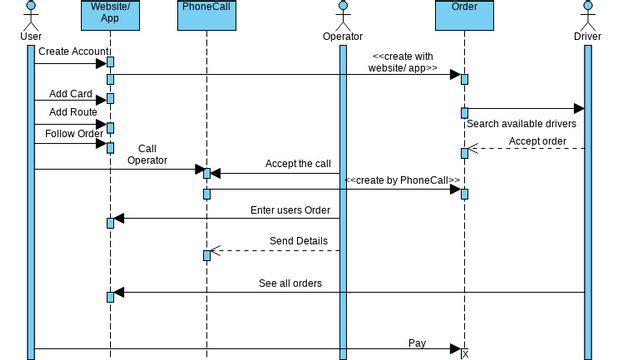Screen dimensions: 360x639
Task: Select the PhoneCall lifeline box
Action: pos(207,8)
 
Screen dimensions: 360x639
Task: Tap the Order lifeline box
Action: pos(464,8)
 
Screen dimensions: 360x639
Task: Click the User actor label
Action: pos(31,37)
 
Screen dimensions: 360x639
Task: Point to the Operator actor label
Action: pos(342,37)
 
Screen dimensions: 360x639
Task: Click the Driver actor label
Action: pos(587,37)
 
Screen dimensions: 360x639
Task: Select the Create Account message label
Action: pos(74,51)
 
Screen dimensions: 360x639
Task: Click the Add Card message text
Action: pos(70,94)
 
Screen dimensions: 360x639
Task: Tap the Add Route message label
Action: pos(73,112)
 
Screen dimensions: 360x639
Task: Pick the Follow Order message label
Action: pos(74,133)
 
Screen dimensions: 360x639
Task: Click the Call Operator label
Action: pos(147,154)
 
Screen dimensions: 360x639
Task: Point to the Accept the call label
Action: pos(297,163)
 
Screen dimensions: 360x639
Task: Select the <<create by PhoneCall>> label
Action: pos(402,180)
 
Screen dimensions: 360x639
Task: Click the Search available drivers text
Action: pos(520,124)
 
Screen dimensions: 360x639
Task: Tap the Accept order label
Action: pos(539,141)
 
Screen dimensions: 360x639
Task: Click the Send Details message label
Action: pos(298,241)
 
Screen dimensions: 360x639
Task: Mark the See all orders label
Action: pos(290,283)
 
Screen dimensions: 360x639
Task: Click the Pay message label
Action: pos(417,343)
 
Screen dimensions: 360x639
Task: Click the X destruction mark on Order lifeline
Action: pos(464,352)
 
